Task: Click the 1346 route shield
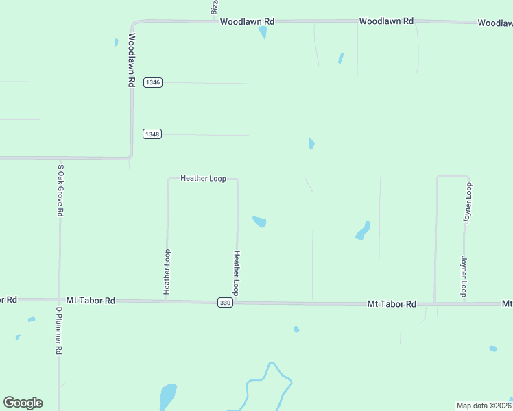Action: coord(152,82)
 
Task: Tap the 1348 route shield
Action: coord(152,134)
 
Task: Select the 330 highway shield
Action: coord(225,302)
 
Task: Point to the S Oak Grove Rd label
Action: coord(60,190)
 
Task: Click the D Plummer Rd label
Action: coord(59,330)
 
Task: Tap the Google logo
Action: coord(23,403)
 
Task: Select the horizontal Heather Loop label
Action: coord(203,178)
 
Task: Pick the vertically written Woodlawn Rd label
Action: coord(131,60)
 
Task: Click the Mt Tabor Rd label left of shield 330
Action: coord(91,300)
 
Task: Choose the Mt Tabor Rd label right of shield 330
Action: coord(391,303)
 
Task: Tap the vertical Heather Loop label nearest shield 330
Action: coord(236,273)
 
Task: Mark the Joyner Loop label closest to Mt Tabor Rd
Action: coord(464,276)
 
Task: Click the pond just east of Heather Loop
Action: coord(259,221)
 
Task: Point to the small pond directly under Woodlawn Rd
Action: coord(263,32)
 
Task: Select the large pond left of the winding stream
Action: coord(167,396)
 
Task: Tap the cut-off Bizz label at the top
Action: coord(214,7)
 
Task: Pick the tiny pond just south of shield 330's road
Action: coord(296,329)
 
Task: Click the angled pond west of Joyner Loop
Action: coord(363,231)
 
